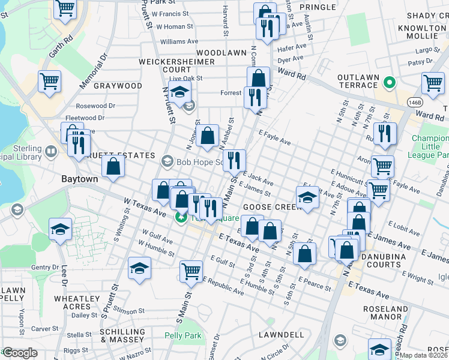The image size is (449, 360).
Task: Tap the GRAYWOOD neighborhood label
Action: pos(118,86)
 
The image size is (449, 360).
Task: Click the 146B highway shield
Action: pos(414,103)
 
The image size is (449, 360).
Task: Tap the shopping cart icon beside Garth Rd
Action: pos(49,81)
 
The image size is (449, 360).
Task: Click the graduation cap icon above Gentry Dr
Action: pos(60,230)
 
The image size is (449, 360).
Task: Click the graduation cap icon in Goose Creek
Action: pos(307,197)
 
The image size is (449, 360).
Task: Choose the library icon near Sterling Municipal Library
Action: pos(51,149)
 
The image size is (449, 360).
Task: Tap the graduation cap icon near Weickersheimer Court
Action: pos(179,92)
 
